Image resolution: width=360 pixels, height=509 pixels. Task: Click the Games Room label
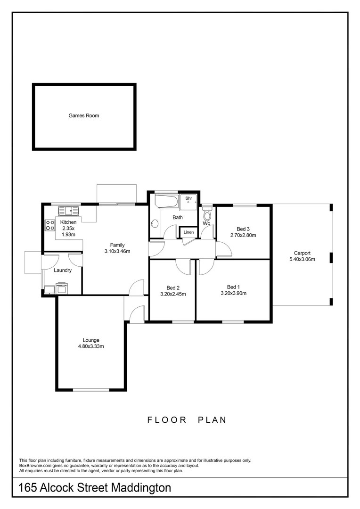point(84,115)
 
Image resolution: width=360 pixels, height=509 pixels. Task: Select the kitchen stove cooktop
point(50,225)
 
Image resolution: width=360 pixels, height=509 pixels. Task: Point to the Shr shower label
point(188,199)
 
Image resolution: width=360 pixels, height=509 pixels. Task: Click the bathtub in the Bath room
point(167,203)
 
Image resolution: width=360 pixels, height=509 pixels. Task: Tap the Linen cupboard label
point(188,232)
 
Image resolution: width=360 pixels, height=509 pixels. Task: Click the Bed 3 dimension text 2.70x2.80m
point(243,235)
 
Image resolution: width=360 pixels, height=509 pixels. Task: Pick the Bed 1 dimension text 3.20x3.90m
point(234,293)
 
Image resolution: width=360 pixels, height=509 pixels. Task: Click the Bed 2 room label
point(173,287)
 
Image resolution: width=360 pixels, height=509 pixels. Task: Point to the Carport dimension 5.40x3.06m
point(302,259)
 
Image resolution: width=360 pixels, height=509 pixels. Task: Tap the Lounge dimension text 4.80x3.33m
point(90,346)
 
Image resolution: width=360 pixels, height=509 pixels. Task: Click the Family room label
point(117,245)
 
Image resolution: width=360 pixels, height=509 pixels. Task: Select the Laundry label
point(63,271)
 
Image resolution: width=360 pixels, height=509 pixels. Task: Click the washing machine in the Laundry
point(62,287)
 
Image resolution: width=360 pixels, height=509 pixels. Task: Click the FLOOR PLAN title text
point(187,420)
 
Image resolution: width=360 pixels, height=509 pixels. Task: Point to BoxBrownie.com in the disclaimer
point(34,466)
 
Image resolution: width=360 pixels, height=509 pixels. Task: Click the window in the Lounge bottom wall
point(91,389)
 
